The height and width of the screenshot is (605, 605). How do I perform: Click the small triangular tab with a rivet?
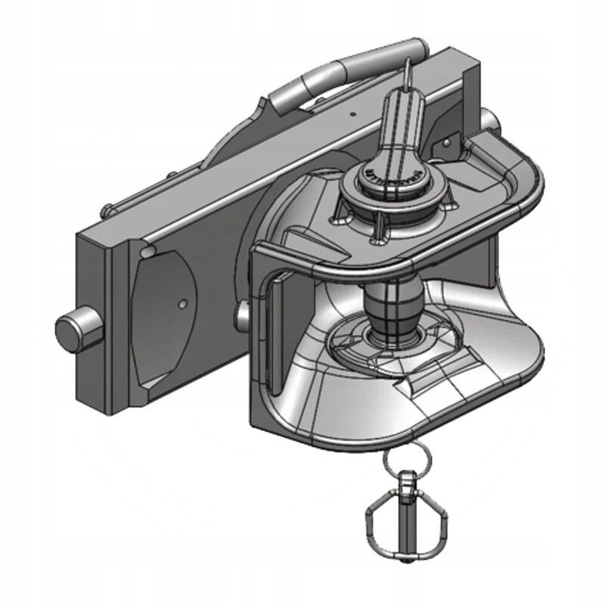446,144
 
